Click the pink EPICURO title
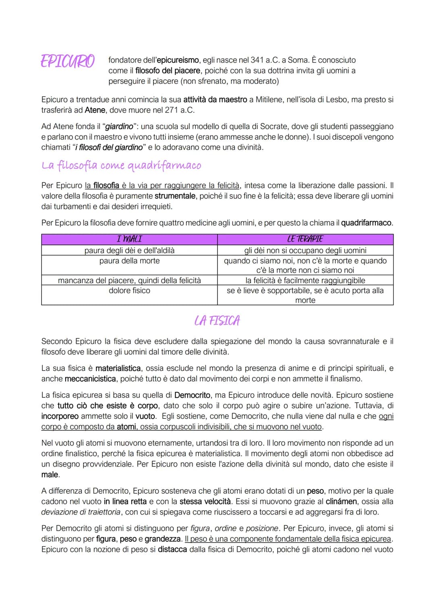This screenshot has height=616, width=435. pos(68,61)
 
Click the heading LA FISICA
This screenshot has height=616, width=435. pos(217,321)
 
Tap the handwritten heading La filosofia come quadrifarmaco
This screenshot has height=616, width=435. pos(121,165)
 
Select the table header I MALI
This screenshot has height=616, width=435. pos(129,239)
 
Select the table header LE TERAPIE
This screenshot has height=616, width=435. pos(305,239)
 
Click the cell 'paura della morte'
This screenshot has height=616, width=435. pos(129,261)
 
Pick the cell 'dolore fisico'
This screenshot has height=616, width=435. pos(129,290)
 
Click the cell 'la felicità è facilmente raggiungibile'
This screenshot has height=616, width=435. pos(305,280)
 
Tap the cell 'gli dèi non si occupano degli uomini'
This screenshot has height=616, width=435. pos(305,250)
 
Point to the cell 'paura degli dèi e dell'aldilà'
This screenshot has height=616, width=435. pos(129,250)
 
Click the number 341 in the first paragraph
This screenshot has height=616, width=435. pos(257,60)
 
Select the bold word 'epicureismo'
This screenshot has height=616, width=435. pos(178,60)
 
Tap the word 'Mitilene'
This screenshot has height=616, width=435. pos(268,99)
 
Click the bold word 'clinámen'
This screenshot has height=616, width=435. pos(341,501)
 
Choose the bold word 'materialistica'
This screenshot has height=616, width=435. pos(118,368)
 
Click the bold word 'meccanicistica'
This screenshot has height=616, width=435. pos(90,379)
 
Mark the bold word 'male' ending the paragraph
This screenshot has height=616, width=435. pos(50,475)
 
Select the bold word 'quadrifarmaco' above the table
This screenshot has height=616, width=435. pos(366,223)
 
